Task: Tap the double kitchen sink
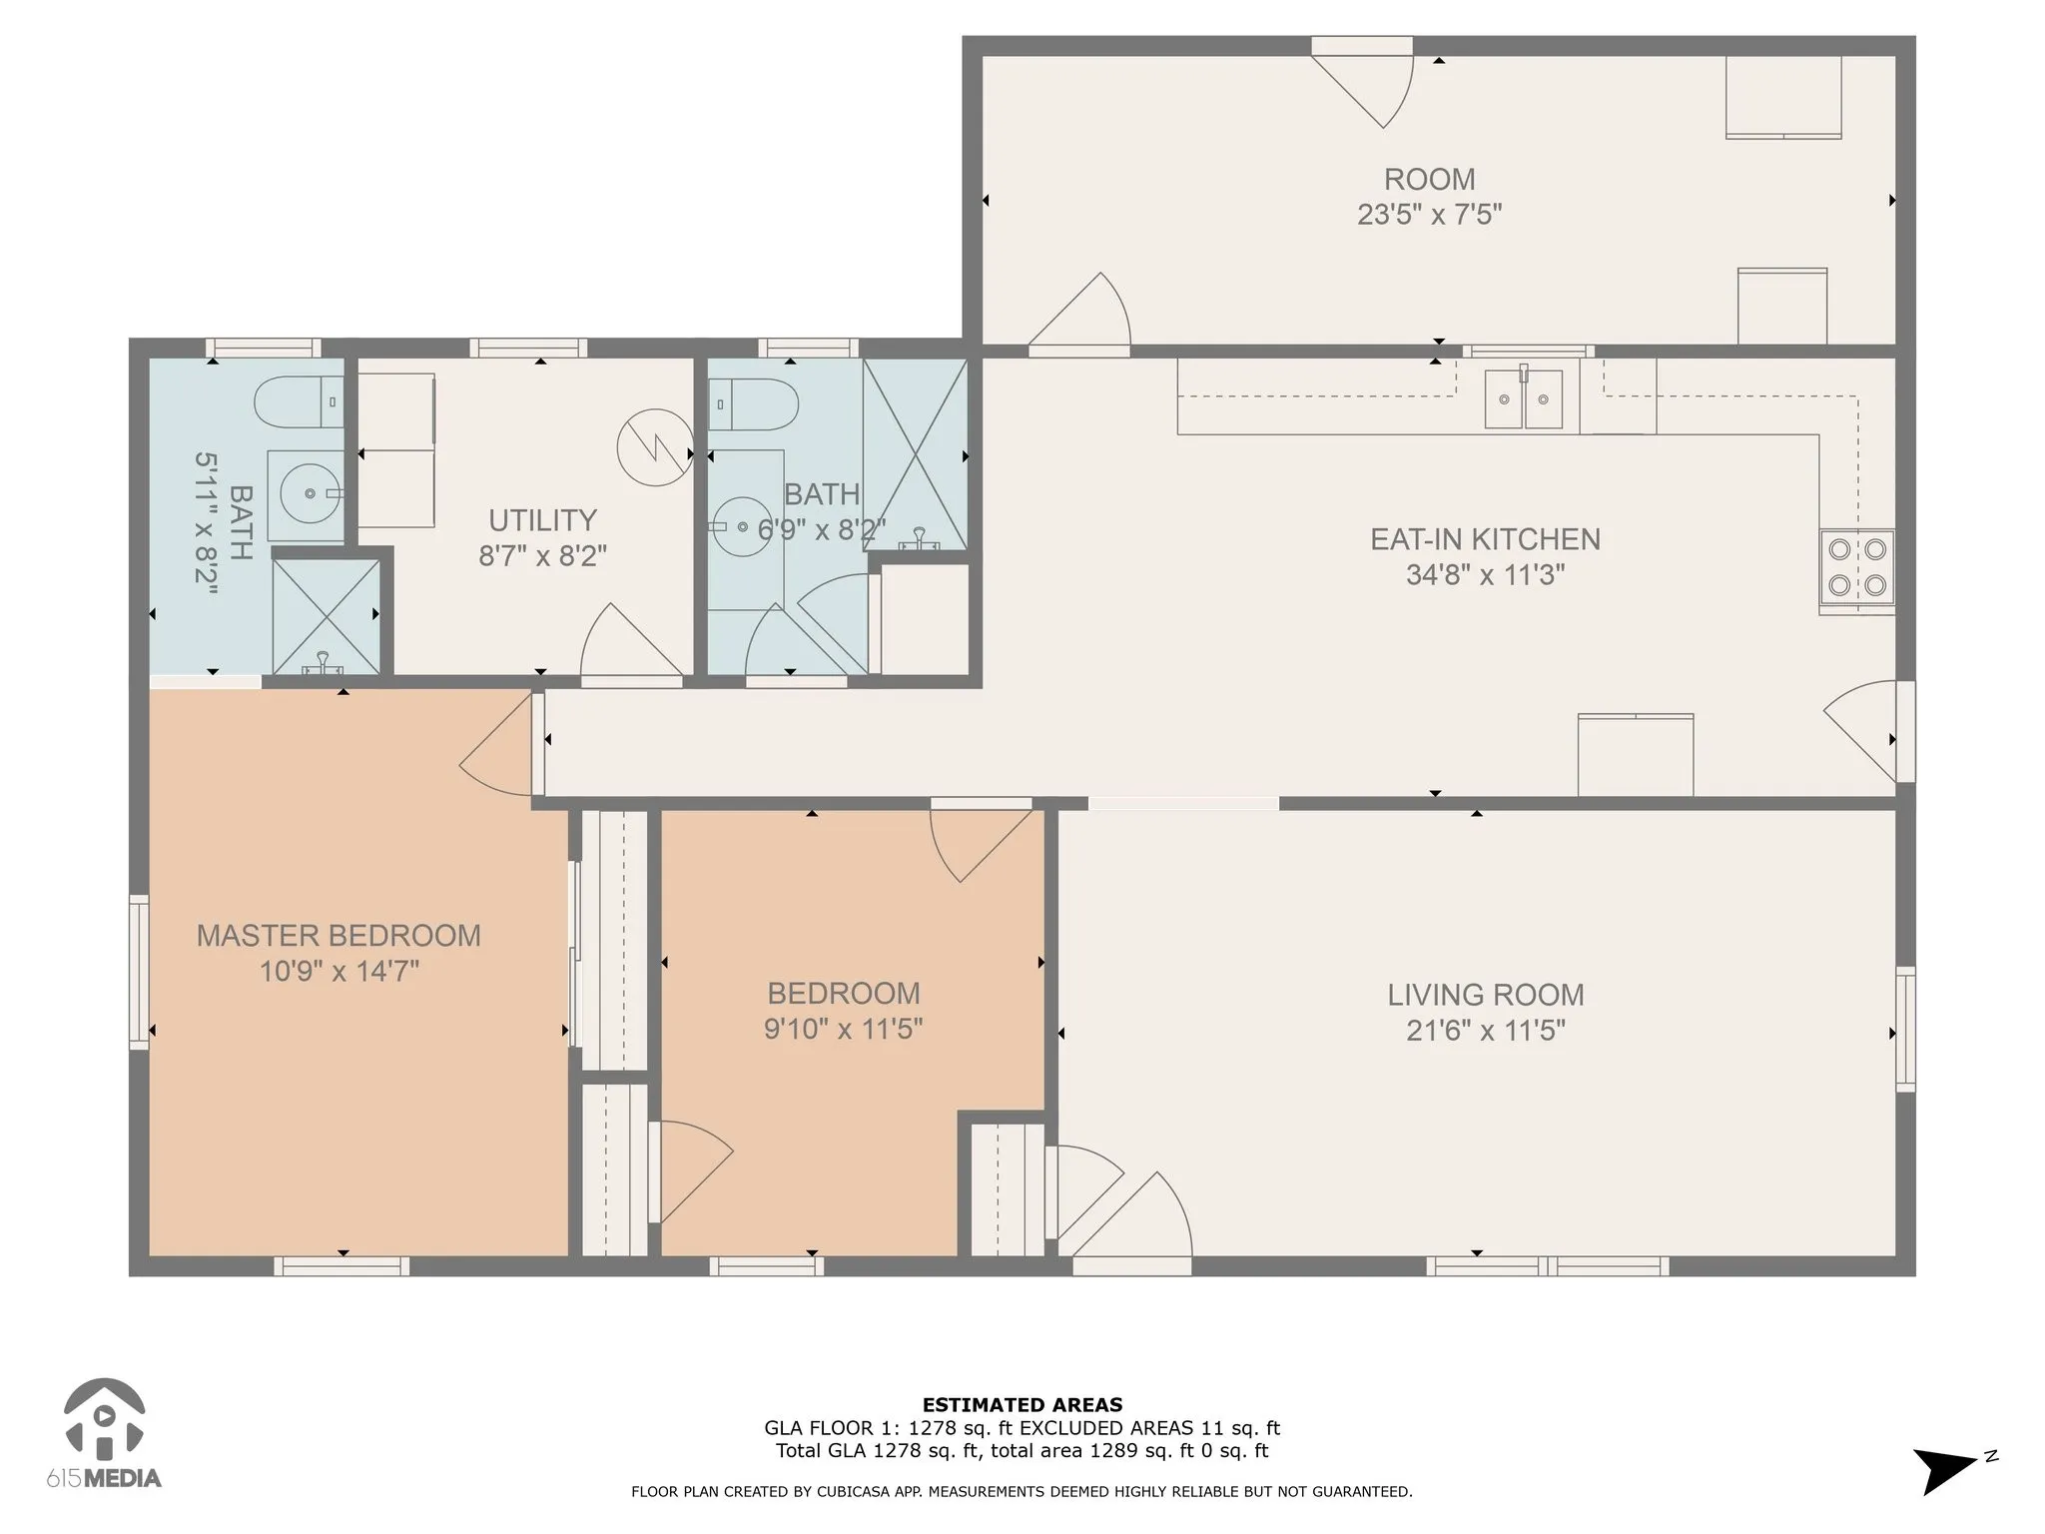tap(1523, 398)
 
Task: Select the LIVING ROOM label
tap(1485, 995)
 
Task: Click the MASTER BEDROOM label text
tap(339, 936)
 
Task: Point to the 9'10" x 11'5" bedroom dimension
tap(844, 1029)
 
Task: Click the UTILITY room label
tap(542, 520)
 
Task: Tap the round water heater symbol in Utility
tap(655, 447)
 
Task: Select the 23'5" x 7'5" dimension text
tap(1429, 215)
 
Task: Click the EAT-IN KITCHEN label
tap(1485, 539)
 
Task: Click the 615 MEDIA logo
tap(104, 1434)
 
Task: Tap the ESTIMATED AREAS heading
tap(1022, 1405)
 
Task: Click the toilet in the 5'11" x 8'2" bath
tap(299, 403)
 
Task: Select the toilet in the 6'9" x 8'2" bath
tap(754, 403)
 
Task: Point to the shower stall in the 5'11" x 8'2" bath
tap(327, 616)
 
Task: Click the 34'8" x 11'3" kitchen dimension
tap(1485, 575)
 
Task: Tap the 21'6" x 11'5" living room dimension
tap(1485, 1030)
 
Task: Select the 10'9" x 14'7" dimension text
tap(339, 971)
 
